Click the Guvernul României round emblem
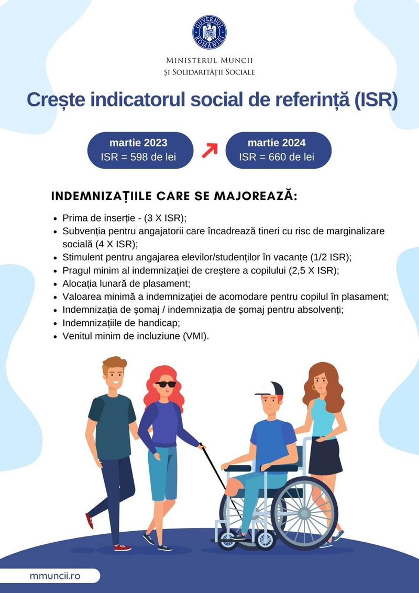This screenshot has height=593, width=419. pos(209,32)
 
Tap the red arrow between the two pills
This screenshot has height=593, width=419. pos(210,150)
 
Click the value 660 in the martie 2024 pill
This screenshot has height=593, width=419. pos(278,157)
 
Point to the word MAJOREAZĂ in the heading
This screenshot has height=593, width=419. pos(256,196)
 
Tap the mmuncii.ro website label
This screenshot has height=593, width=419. pos(55,576)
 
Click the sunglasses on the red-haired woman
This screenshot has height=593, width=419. pos(166,384)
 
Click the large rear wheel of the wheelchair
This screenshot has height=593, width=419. pos(304,512)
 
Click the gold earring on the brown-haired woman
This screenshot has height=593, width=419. pos(314,388)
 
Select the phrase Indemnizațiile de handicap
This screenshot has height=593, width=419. pos(120,323)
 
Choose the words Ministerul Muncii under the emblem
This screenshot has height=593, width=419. pos(210,60)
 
